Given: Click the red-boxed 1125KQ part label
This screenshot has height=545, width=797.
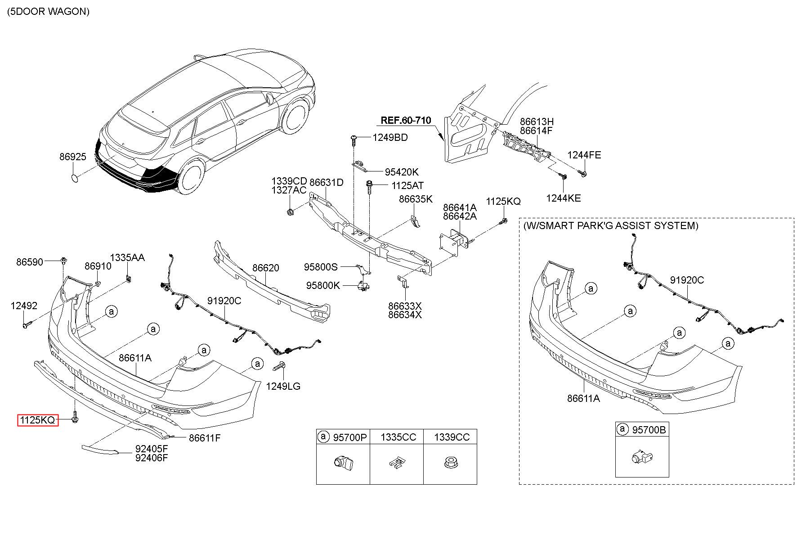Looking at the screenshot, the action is (38, 420).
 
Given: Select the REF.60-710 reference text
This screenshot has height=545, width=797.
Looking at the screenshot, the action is (406, 120).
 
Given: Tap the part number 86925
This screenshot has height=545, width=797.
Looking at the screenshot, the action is (73, 157).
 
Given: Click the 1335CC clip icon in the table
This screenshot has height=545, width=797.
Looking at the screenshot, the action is (396, 462).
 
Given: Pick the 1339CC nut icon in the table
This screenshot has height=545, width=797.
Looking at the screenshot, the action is (450, 462).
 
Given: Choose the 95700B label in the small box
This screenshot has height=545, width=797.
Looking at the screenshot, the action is (649, 430).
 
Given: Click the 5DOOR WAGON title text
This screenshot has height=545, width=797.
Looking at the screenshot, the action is (49, 12).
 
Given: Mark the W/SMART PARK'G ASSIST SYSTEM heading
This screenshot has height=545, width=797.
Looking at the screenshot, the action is (611, 225).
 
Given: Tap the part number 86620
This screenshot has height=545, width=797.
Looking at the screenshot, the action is (265, 268).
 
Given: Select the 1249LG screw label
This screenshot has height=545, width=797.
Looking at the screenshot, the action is (283, 386).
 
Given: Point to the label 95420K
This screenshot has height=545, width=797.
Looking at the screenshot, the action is (401, 172).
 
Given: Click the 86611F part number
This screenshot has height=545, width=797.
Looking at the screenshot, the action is (205, 437).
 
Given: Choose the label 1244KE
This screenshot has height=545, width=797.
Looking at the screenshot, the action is (564, 198).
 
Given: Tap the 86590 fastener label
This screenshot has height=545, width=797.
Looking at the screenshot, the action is (30, 262).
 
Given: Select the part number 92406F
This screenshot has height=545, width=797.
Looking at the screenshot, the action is (152, 458).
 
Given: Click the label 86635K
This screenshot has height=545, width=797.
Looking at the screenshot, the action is (416, 199).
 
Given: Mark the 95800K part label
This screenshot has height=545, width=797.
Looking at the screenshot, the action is (323, 285).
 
